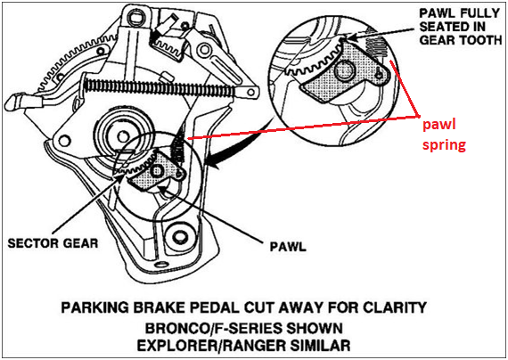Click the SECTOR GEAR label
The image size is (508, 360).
point(53,243)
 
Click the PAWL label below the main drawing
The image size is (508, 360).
point(288,247)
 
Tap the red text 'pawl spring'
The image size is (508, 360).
point(444,135)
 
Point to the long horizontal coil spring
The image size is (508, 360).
point(160,87)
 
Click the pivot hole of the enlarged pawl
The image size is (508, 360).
point(344,70)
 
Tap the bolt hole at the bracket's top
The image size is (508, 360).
point(135,14)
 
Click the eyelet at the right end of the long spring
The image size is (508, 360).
point(250,93)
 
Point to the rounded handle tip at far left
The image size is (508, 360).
point(12,102)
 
